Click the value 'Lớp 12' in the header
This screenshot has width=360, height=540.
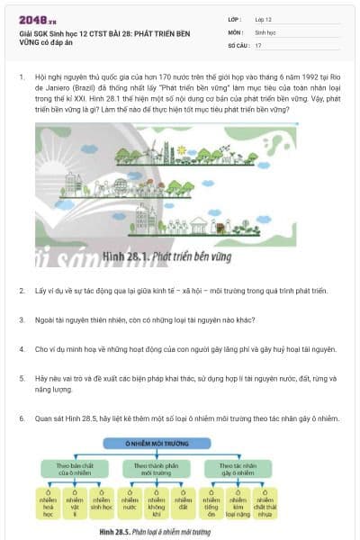(265, 19)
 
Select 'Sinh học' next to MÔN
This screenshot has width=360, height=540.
(265, 31)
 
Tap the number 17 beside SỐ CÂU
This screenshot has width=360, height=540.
(258, 44)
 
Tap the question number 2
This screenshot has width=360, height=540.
(21, 291)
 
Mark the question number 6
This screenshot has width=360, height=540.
(21, 418)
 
